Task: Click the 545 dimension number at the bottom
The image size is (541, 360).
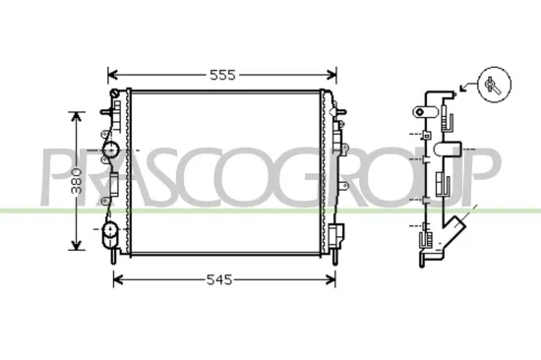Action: coord(221,280)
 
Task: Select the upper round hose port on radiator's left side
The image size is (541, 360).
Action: coord(111,149)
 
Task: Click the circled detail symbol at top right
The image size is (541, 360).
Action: coord(494,84)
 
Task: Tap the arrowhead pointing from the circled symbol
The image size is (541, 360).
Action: coord(458,90)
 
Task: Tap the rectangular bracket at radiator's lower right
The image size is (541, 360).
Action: coord(337,236)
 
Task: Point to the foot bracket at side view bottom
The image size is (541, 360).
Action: coord(430,258)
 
